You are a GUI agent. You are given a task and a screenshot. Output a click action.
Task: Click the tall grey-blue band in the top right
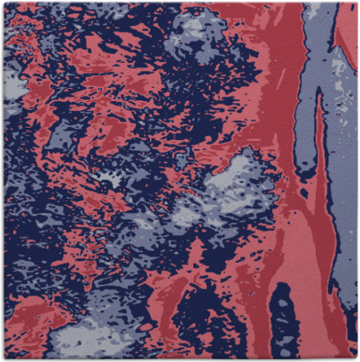pos(324,53)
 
